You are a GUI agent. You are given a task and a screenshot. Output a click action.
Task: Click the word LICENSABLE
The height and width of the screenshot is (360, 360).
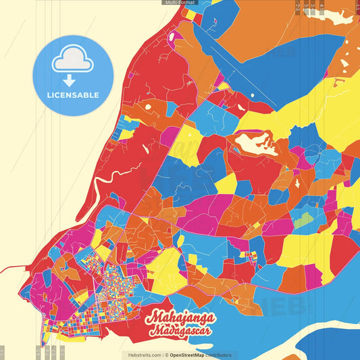pyautogui.click(x=73, y=95)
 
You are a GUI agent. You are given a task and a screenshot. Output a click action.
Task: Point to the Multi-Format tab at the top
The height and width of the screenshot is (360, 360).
pyautogui.click(x=180, y=3)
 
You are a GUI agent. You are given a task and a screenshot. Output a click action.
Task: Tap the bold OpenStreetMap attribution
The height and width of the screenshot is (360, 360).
pyautogui.click(x=188, y=355)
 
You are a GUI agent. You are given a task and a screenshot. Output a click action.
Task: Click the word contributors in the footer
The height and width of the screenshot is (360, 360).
pyautogui.click(x=220, y=355)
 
